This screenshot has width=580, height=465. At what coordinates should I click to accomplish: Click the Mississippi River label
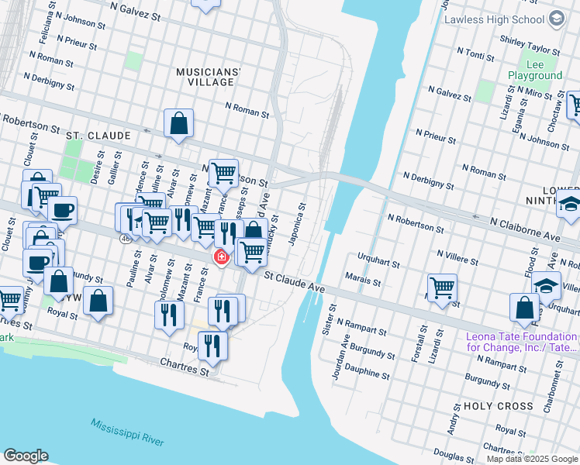tap(126, 432)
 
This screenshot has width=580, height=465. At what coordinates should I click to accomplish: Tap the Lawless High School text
tap(494, 19)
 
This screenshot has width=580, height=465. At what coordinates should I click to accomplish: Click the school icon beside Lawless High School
tap(556, 19)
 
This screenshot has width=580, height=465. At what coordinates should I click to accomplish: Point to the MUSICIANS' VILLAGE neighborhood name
tap(209, 77)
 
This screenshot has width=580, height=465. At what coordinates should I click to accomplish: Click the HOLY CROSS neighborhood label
tap(498, 406)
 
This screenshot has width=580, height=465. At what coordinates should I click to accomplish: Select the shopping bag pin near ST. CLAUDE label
tap(178, 122)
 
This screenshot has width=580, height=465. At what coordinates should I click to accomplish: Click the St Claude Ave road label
tap(294, 281)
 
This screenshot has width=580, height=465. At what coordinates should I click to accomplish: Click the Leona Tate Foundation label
tap(521, 342)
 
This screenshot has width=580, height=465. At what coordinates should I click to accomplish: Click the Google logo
tap(26, 455)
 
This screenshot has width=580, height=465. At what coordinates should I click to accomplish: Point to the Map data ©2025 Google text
tap(531, 459)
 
